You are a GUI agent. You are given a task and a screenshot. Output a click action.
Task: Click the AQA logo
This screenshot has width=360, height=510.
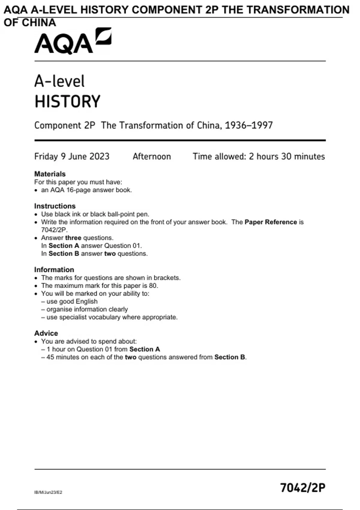pos(73,41)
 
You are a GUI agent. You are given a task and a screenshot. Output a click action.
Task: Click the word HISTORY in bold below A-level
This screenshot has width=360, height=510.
pos(67,101)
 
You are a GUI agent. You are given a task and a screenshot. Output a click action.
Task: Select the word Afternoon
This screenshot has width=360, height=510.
pos(152,156)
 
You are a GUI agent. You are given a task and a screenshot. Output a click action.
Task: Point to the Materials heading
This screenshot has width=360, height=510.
pos(50,174)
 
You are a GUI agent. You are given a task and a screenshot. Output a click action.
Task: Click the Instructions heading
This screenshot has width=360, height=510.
pos(55,206)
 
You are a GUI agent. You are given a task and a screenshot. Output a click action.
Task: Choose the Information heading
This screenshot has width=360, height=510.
pos(54,270)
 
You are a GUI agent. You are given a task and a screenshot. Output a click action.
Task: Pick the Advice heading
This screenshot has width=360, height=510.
pos(46,333)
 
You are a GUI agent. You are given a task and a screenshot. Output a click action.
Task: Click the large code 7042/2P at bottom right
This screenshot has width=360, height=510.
pos(303,488)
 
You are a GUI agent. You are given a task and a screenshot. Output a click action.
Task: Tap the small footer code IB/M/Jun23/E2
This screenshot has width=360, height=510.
pos(48,492)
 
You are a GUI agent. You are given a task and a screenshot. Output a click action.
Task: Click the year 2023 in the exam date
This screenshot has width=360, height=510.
pos(99,156)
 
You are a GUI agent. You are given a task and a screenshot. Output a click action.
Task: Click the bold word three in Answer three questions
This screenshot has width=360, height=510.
pos(73,238)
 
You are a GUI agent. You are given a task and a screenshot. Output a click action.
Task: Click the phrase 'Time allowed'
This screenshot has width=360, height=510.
pos(219,156)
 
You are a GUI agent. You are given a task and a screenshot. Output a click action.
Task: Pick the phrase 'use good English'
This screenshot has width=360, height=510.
pos(72,301)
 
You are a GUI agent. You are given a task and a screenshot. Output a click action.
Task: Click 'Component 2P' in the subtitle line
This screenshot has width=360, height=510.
pos(64,125)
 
